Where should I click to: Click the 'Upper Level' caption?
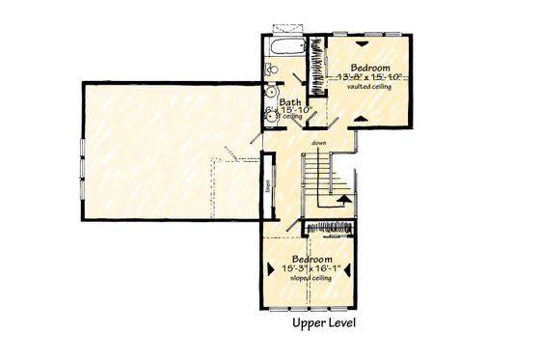(x=324, y=325)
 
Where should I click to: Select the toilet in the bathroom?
(x=271, y=69)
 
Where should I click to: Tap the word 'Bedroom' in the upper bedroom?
(x=369, y=68)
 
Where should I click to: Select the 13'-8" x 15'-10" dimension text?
(x=371, y=76)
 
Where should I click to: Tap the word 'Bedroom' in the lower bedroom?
(x=313, y=261)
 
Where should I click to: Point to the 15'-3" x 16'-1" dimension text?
(x=313, y=269)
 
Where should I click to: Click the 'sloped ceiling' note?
(x=313, y=278)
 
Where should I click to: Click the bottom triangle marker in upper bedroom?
(x=361, y=116)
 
